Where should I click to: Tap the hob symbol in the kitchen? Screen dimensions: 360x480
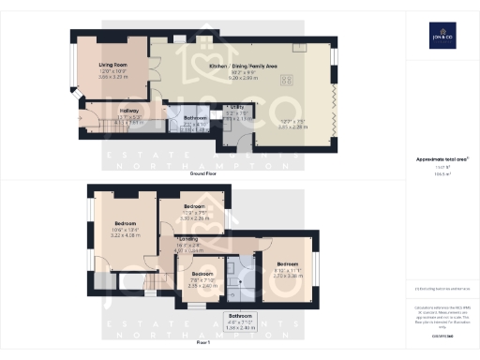(287, 80)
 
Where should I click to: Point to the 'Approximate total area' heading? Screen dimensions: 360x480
(442, 160)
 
